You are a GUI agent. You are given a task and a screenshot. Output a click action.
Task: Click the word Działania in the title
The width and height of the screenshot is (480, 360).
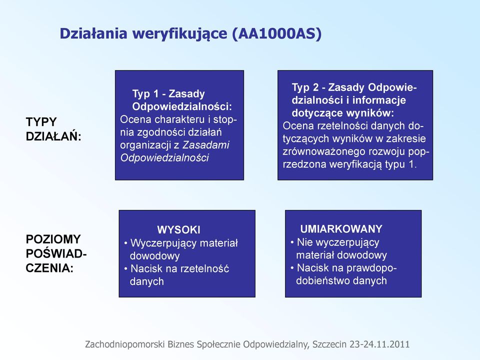pos(93,33)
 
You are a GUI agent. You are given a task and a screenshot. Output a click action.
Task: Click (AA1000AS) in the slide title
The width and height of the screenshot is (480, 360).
pos(277,33)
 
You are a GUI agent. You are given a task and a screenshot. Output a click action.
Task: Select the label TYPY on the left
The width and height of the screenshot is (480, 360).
pos(41,122)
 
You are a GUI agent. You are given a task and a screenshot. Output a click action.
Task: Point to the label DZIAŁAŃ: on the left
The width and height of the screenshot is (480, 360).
pos(53,136)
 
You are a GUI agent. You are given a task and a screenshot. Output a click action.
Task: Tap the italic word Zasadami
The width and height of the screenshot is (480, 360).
pos(205,145)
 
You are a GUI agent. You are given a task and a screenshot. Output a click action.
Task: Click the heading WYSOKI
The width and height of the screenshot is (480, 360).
pos(179,230)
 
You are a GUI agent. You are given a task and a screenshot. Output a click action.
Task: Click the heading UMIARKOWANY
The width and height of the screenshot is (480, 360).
pos(341,229)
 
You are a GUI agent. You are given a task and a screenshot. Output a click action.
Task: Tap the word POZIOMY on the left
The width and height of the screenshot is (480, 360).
pos(53,239)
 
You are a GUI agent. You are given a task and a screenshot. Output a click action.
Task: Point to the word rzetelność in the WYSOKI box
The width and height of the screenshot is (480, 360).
pos(205,269)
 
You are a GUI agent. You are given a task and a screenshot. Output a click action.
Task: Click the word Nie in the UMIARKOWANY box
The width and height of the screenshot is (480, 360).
pos(304,242)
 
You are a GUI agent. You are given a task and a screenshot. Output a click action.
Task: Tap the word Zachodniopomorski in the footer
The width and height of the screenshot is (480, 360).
pos(125,344)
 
